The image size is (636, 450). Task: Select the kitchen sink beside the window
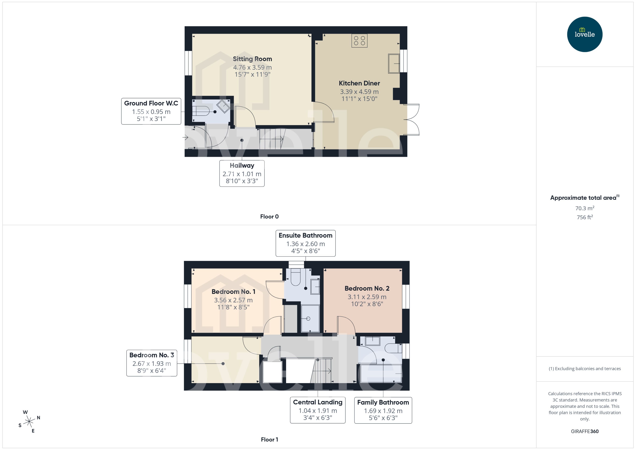[x=394, y=63]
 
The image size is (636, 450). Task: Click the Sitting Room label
[x=252, y=59]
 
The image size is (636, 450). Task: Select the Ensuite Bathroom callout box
[x=305, y=243]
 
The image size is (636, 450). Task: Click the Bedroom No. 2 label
[x=367, y=288]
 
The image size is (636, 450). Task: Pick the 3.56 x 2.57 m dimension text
[x=233, y=300]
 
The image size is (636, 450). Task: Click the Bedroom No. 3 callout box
[x=152, y=363]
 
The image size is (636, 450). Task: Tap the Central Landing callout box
[x=318, y=410]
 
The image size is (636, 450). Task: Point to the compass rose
[x=29, y=422]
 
